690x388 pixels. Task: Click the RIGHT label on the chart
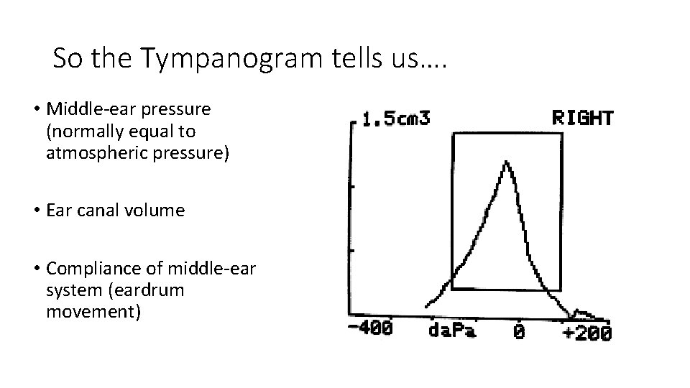tap(582, 118)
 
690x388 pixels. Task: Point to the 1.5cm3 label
tap(396, 118)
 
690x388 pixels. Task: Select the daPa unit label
tap(453, 331)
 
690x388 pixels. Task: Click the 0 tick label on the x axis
tap(519, 331)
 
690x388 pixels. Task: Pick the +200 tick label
tap(587, 332)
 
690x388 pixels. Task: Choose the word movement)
tap(93, 312)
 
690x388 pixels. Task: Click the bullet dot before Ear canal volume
tap(36, 211)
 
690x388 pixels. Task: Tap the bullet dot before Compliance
tap(36, 269)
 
